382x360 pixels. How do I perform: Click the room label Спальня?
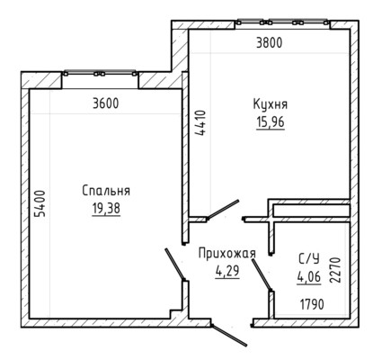click(106, 191)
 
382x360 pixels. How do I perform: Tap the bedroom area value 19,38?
click(106, 209)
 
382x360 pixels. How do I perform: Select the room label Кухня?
click(271, 104)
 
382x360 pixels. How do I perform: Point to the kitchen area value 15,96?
click(271, 122)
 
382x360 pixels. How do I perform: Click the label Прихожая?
click(227, 254)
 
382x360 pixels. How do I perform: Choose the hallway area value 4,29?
click(227, 271)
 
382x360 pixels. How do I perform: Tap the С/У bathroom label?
click(308, 258)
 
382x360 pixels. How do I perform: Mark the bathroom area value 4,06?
click(309, 276)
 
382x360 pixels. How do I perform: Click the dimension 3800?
click(270, 43)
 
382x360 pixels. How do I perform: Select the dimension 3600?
click(106, 103)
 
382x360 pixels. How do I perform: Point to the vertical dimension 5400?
click(40, 203)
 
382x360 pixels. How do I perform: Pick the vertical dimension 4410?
click(200, 123)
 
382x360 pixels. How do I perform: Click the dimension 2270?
click(335, 270)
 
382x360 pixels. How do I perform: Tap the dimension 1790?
click(312, 305)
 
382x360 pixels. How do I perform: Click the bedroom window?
click(100, 73)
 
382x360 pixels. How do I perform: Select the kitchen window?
click(281, 22)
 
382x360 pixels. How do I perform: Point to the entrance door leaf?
click(229, 335)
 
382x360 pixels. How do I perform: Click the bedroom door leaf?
click(174, 264)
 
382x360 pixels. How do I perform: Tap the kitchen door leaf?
click(223, 210)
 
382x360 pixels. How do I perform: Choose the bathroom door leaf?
click(262, 274)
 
